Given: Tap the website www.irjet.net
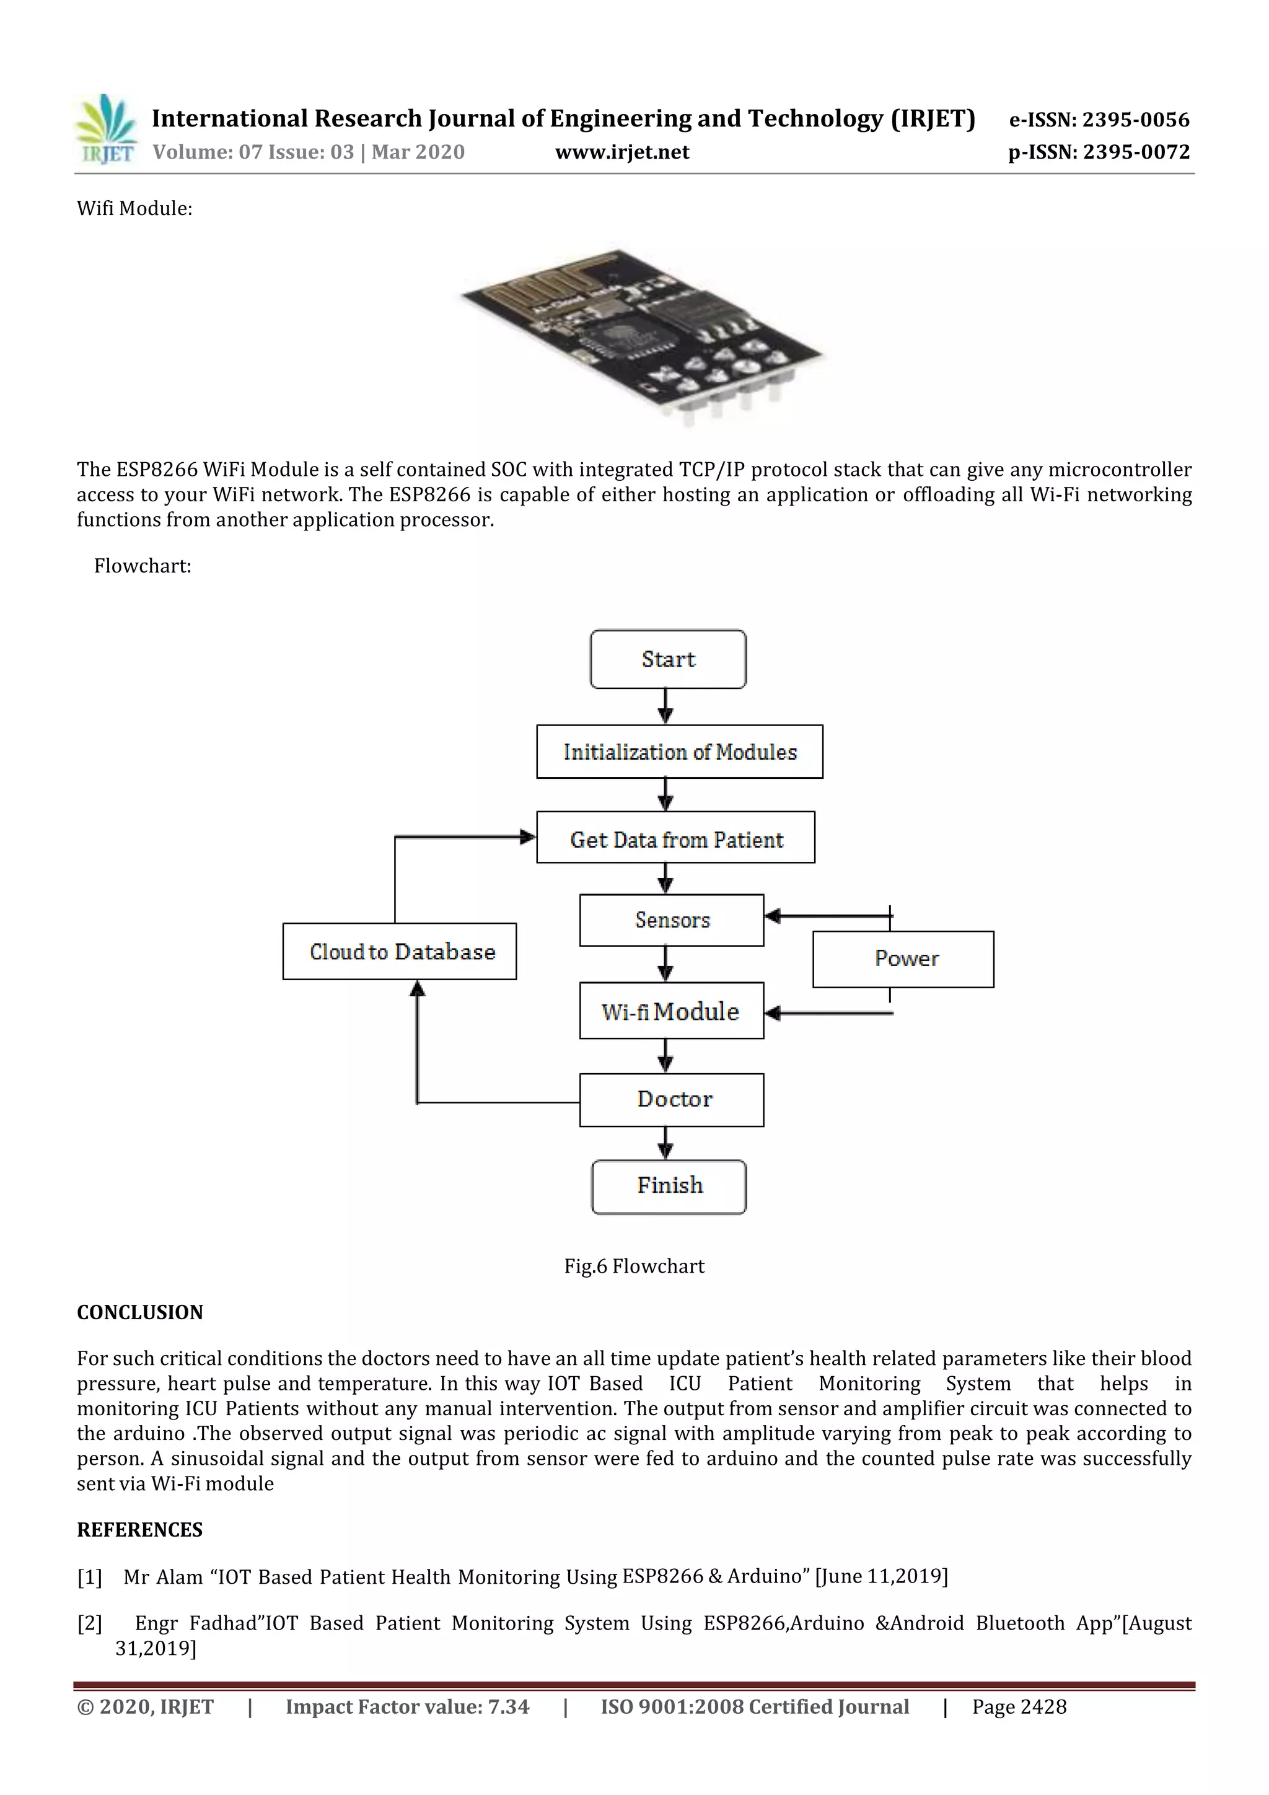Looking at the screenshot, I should click(621, 152).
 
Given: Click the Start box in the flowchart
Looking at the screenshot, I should click(668, 659).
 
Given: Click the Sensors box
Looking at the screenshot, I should click(671, 920).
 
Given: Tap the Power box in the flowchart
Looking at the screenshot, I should click(903, 959).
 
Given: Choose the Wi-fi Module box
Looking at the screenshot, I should click(671, 1011).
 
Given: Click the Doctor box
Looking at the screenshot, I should click(671, 1099).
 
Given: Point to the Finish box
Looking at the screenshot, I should click(669, 1186).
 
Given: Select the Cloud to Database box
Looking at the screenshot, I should click(399, 952).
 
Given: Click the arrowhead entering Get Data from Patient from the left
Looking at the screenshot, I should click(528, 837).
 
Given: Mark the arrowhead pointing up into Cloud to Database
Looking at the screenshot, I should click(418, 990).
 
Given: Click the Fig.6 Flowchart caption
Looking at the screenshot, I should click(634, 1266).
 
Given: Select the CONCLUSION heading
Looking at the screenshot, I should click(140, 1312).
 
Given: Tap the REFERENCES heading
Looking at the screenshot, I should click(140, 1530).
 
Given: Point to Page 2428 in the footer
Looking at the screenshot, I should click(1019, 1706).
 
